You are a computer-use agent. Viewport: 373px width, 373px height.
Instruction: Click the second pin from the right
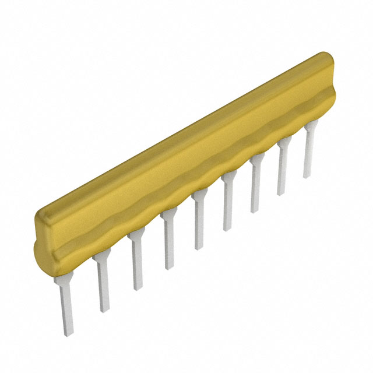pyautogui.click(x=282, y=169)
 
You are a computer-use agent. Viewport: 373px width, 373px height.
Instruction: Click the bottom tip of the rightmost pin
pyautogui.click(x=307, y=175)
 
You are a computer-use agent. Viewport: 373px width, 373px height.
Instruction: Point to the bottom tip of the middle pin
pyautogui.click(x=199, y=247)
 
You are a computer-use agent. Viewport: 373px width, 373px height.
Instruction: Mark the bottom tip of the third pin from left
pyautogui.click(x=138, y=288)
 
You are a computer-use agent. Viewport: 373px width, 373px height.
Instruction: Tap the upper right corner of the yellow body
pyautogui.click(x=326, y=56)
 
